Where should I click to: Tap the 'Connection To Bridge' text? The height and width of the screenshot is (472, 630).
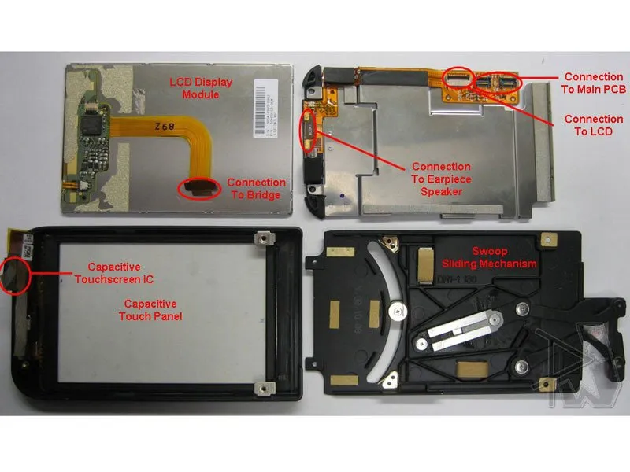pos(255,188)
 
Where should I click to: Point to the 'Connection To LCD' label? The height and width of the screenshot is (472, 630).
pos(594,125)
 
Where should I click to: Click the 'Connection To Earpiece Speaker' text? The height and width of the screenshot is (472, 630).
pos(441,179)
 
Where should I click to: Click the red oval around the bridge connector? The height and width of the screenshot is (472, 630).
pos(199,188)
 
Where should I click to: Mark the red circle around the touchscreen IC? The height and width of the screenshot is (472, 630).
pos(16,273)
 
